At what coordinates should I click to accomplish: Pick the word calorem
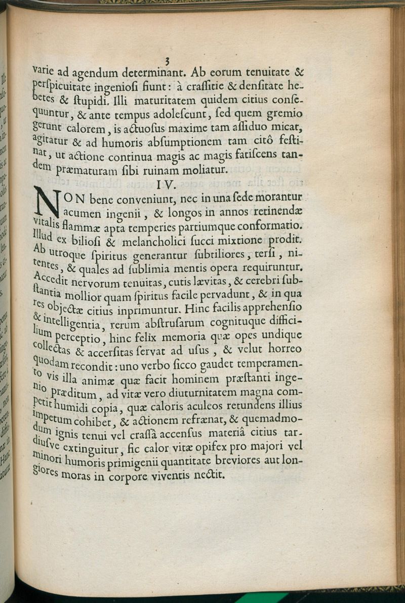tap(98, 124)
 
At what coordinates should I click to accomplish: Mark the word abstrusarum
tap(170, 322)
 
